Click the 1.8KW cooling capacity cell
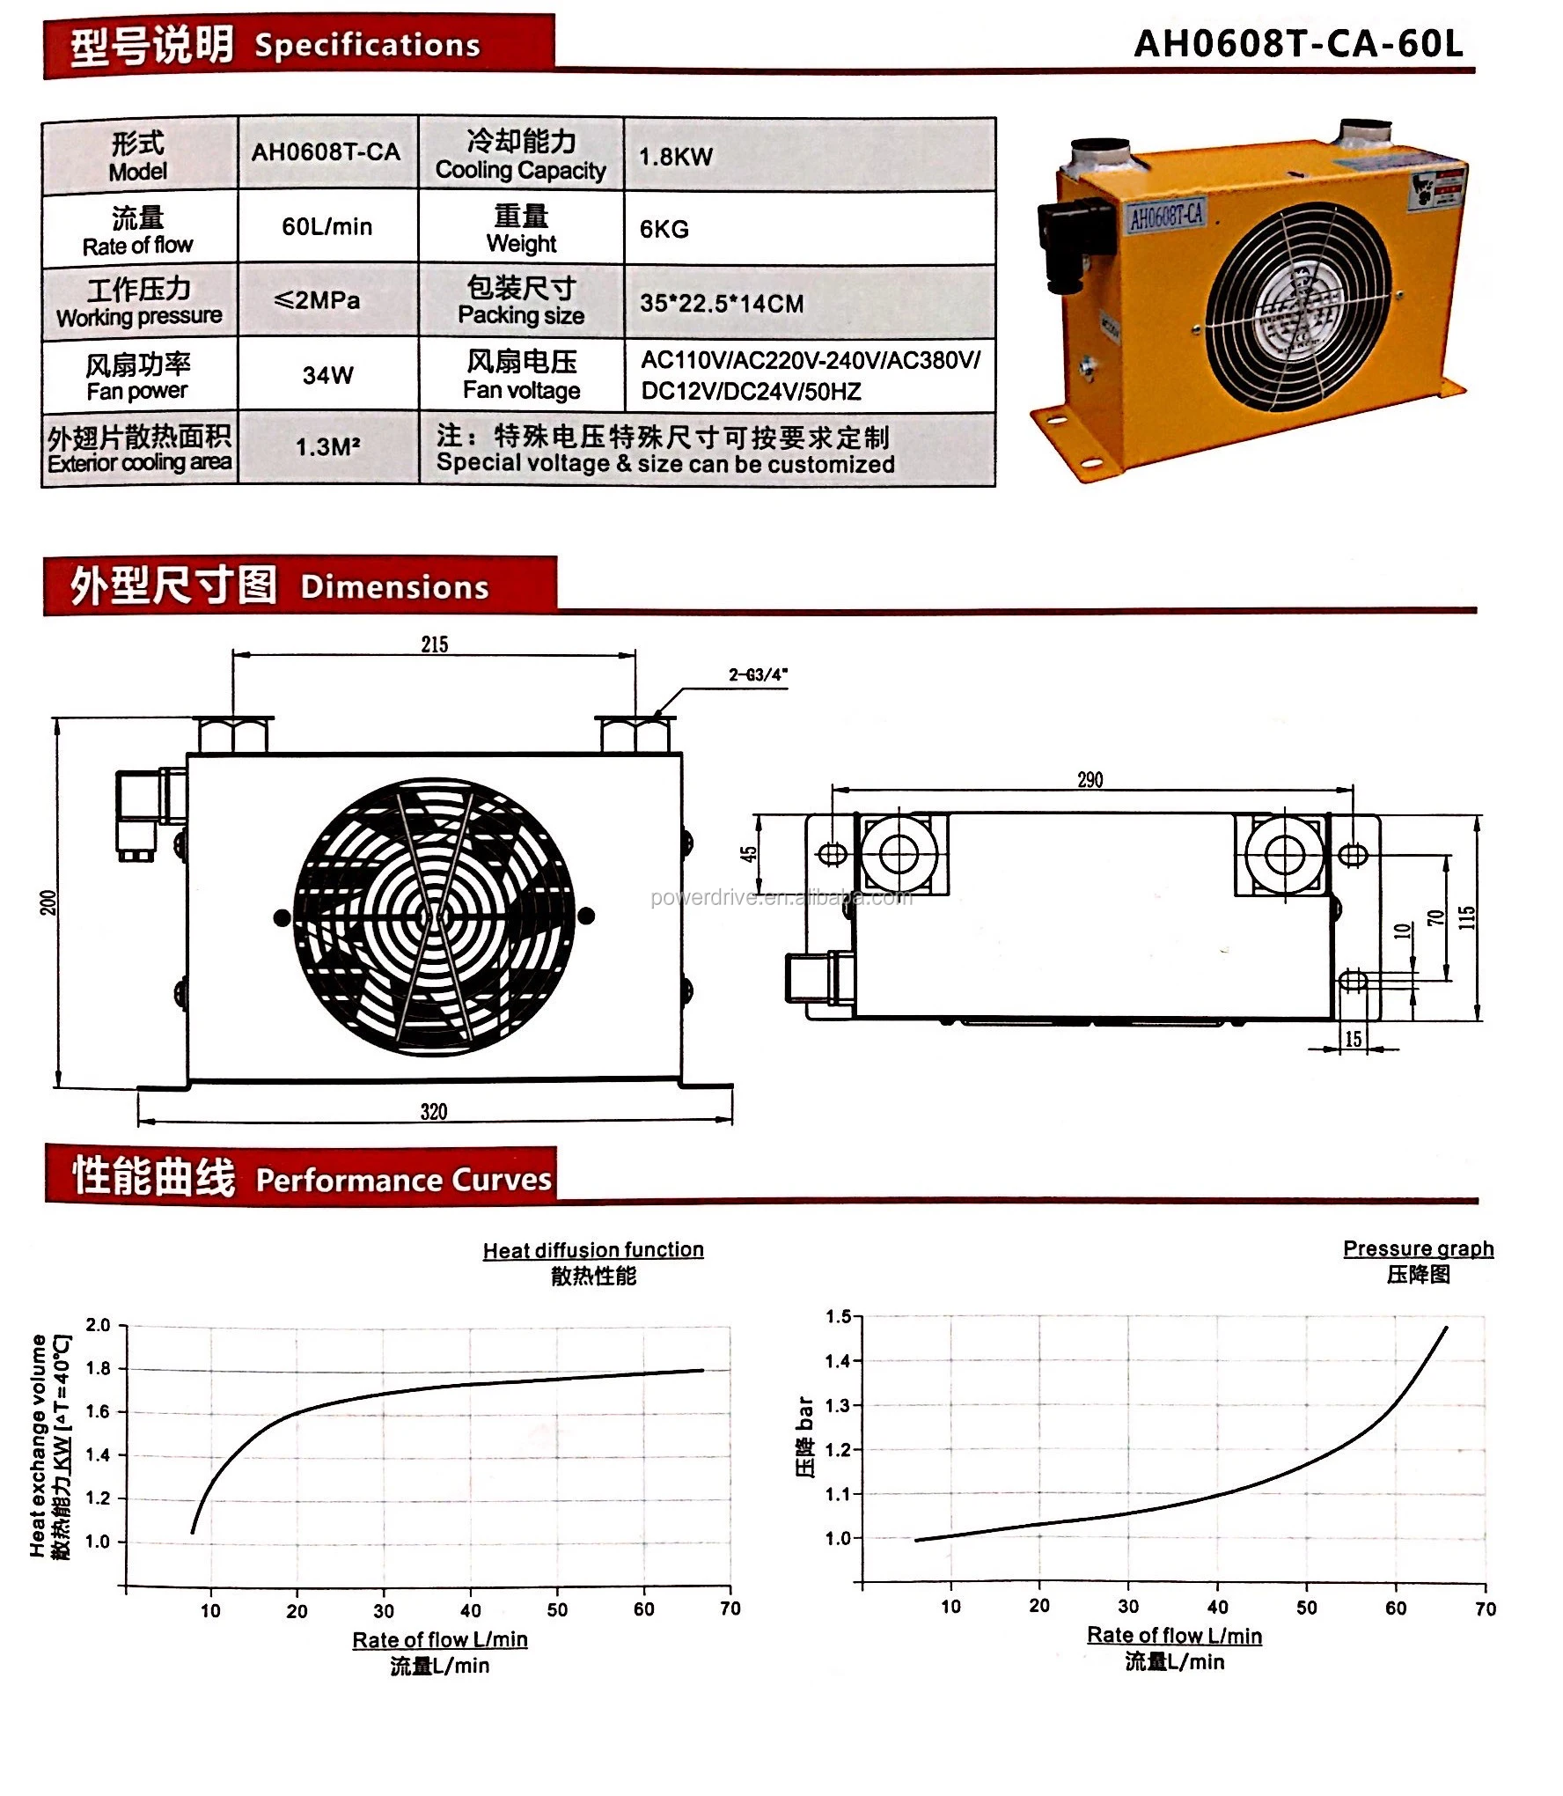[676, 157]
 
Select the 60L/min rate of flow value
[327, 227]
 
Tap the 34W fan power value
[327, 375]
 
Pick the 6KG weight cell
[664, 229]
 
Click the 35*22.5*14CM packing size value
[721, 304]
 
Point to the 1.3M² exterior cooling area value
[327, 447]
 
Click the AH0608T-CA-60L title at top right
[1298, 42]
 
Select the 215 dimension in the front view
[434, 644]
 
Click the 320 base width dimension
[433, 1111]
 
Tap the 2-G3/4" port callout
[757, 675]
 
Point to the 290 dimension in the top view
[1090, 779]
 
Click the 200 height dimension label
[48, 902]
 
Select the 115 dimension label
[1466, 917]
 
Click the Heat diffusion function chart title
[592, 1249]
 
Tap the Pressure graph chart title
[1417, 1248]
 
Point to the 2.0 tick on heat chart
[98, 1325]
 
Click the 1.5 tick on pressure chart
[838, 1316]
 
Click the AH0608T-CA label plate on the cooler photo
[1166, 216]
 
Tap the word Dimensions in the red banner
[394, 587]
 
